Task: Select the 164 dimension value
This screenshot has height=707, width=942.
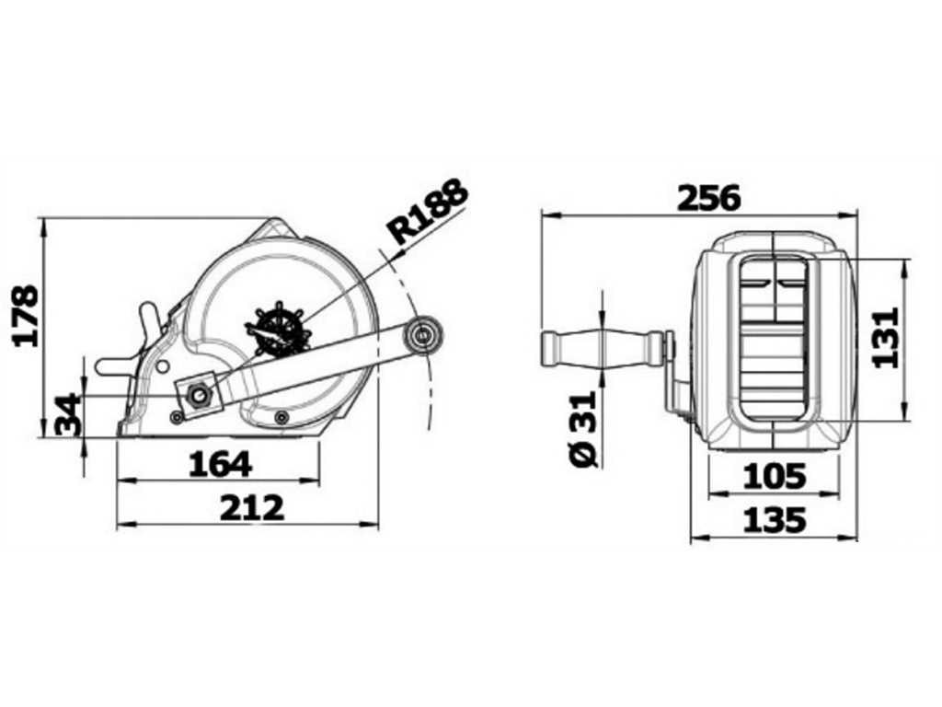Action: click(x=220, y=464)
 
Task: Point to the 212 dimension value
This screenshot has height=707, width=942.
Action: click(x=252, y=507)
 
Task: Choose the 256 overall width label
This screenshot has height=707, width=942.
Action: click(x=708, y=197)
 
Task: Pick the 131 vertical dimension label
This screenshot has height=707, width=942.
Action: click(x=885, y=338)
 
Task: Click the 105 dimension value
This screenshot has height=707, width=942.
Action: click(x=774, y=477)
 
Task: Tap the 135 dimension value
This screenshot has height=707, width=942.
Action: click(x=774, y=521)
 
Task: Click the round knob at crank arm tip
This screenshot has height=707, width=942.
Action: click(x=425, y=335)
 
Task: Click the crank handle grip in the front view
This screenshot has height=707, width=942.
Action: click(x=602, y=348)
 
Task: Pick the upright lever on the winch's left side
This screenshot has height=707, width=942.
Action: click(x=150, y=322)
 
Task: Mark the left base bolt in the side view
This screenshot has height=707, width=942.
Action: click(x=176, y=418)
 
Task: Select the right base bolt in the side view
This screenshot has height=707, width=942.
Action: click(x=281, y=418)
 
